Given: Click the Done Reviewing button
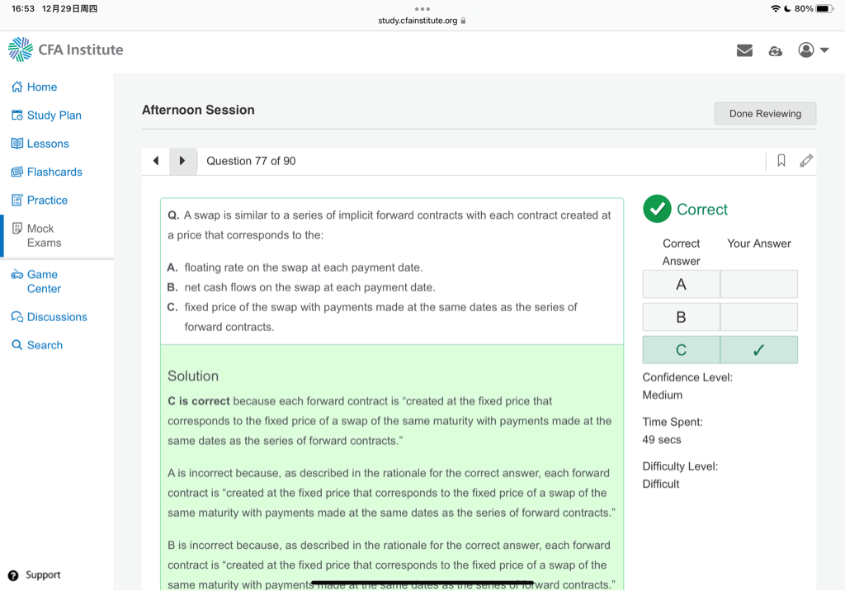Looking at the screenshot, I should pos(765,114).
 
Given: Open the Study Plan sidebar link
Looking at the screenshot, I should pos(54,116).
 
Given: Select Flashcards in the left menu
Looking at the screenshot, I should pos(54,172).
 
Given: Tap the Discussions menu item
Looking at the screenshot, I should pos(56,317).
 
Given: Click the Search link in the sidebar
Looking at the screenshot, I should pos(45,345).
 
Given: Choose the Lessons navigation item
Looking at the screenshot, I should pos(48,144).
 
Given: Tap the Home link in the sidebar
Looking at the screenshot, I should pos(41,87).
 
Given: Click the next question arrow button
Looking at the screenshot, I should pos(182,161).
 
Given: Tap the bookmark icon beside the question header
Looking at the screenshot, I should pos(781,161).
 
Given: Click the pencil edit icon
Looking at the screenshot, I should pos(806,161).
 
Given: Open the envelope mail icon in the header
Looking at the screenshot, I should pos(744,50).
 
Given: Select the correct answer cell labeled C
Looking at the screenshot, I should pos(681,350).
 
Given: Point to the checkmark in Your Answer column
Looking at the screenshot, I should pos(758,350).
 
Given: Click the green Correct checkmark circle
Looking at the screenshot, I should pos(657,209).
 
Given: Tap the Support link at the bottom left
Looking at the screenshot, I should pos(42,575).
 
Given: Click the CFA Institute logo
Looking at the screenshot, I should pos(66,50).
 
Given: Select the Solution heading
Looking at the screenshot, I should pos(193,376).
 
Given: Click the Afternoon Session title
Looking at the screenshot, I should pos(198,110).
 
